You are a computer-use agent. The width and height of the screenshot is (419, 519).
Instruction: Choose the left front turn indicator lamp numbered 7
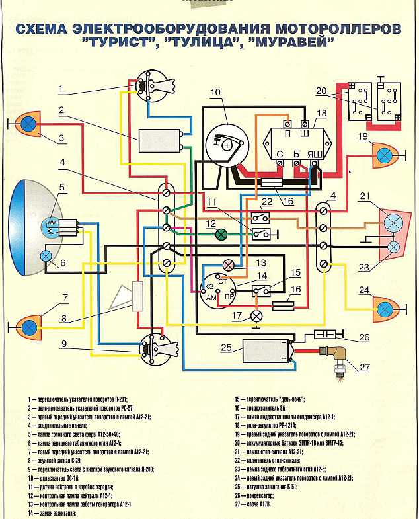28,325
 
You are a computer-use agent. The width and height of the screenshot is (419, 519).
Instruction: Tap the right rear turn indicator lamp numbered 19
384,157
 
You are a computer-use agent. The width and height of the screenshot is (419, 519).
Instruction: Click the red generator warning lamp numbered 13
229,266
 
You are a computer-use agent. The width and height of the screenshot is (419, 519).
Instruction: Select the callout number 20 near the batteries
321,91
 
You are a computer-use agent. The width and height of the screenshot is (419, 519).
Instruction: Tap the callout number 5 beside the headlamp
61,188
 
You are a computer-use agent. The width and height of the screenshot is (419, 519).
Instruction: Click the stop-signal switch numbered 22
263,216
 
